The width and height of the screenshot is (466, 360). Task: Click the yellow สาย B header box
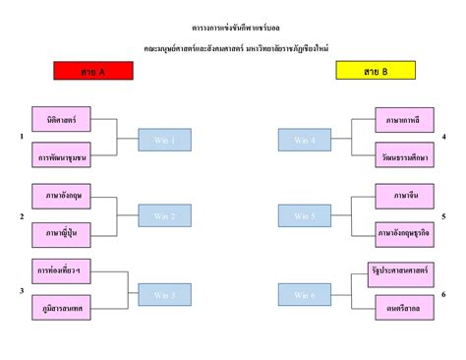point(375,71)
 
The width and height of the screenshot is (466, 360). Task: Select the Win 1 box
point(164,141)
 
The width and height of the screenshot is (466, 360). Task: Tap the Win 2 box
point(164,215)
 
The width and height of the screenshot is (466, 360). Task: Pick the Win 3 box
point(164,294)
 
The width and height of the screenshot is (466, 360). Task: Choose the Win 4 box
point(305,141)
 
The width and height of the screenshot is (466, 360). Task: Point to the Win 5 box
point(305,215)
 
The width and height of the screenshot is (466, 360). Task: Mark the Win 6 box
point(305,294)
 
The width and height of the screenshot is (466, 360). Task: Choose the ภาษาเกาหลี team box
point(403,119)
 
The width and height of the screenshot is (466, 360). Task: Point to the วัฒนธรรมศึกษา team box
point(403,156)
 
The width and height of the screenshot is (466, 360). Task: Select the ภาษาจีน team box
point(403,195)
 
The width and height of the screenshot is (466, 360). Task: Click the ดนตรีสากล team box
point(403,308)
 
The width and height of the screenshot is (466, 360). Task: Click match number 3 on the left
point(22,291)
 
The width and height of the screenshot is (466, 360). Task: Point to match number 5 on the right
point(444,215)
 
